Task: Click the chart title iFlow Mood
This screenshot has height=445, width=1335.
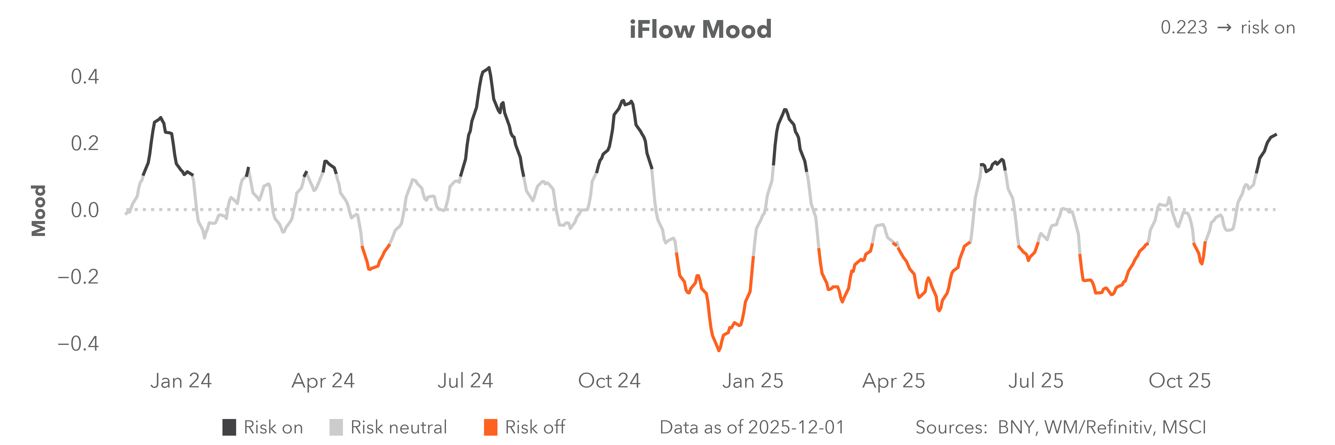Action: pyautogui.click(x=700, y=29)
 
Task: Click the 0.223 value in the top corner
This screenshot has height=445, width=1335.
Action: pyautogui.click(x=1184, y=27)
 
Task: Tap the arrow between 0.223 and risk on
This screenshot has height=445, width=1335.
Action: pyautogui.click(x=1224, y=27)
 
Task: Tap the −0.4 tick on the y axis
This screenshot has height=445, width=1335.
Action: pyautogui.click(x=78, y=343)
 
